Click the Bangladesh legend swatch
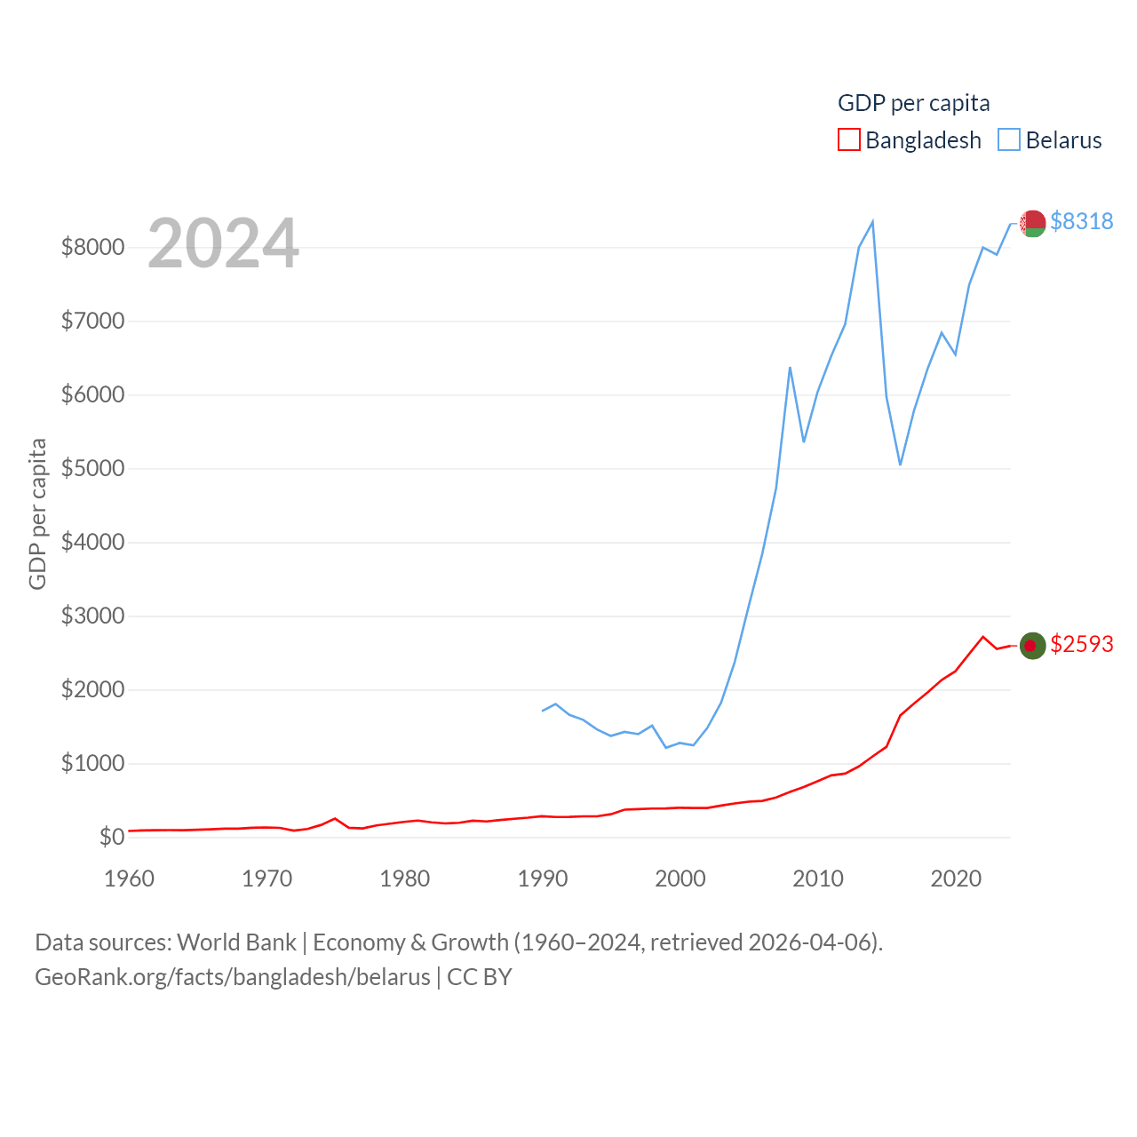[849, 140]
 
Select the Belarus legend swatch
[1009, 140]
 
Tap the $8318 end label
[1081, 221]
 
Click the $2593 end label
[1081, 644]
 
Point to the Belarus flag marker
[1032, 223]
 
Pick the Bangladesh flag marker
[1032, 646]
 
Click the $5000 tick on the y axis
[92, 468]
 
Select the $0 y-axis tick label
[112, 837]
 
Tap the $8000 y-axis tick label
[92, 247]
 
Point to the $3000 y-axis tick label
[92, 616]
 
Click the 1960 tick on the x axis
[129, 879]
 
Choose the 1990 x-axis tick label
[542, 879]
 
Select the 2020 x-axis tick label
[956, 879]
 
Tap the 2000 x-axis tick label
[680, 879]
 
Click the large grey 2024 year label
[223, 243]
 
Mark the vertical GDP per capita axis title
[37, 513]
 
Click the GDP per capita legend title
[913, 103]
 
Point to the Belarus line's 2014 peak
[872, 221]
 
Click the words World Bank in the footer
[236, 942]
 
